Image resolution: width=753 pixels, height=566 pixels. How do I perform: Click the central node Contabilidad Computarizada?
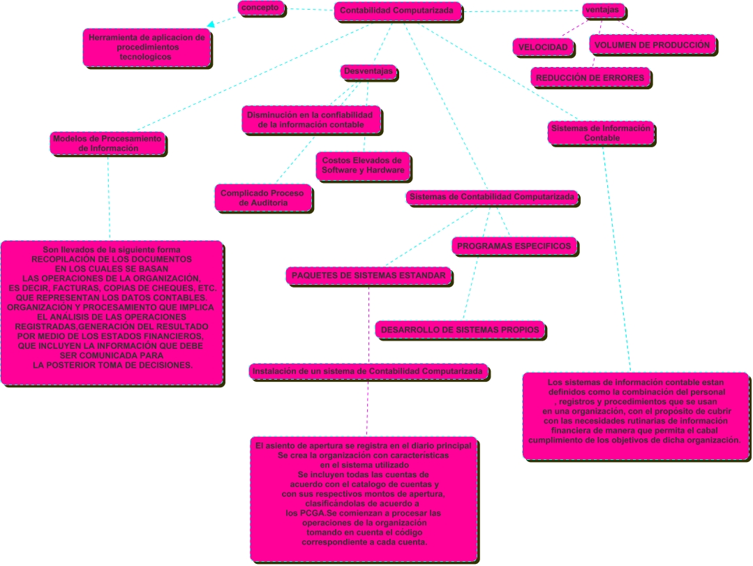point(398,11)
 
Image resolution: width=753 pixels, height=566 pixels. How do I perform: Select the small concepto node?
point(261,8)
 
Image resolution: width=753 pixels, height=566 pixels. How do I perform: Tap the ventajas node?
point(603,10)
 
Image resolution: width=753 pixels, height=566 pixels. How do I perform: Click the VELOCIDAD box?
point(543,47)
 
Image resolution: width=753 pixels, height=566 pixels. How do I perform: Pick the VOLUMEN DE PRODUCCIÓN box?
point(652,45)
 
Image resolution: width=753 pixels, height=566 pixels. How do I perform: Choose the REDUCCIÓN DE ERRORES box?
point(590,77)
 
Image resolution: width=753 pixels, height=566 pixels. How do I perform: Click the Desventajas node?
point(368,72)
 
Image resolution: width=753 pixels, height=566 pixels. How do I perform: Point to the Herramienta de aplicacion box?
point(147,47)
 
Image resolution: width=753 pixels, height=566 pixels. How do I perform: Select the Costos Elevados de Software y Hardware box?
point(363,165)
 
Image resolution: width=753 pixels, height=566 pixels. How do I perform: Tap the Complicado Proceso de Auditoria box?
point(262,198)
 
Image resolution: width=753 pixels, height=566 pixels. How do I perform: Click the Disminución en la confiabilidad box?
point(311,120)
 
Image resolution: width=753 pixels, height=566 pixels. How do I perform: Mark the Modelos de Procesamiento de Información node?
point(107,144)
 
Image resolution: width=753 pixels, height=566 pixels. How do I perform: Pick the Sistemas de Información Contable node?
point(601,133)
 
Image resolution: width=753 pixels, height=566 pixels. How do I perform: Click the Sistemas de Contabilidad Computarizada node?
point(492,198)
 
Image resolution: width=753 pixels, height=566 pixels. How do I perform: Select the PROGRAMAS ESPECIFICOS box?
point(514,246)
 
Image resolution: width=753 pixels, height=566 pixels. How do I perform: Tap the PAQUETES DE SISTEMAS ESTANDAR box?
point(368,276)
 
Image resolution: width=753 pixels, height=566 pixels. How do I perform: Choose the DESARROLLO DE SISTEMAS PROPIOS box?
point(460,330)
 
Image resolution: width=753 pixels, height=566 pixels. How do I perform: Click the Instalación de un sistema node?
point(368,371)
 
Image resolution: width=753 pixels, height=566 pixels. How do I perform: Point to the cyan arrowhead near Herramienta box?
point(211,24)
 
